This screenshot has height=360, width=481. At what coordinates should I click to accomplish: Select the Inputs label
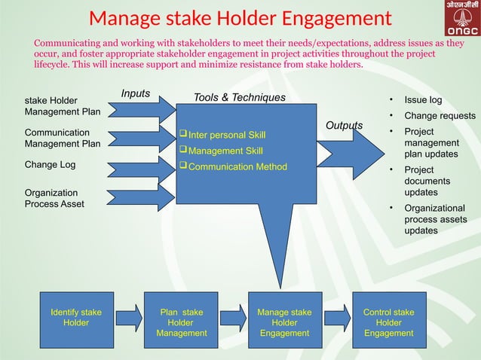(x=136, y=94)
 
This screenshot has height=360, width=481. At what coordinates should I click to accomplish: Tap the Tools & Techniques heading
(x=240, y=97)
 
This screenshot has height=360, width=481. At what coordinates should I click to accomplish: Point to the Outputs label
(x=344, y=125)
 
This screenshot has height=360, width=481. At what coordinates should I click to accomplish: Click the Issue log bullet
(x=423, y=99)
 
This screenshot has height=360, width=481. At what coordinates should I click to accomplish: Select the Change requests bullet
(x=440, y=116)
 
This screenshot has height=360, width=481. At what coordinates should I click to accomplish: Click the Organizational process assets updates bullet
(x=434, y=219)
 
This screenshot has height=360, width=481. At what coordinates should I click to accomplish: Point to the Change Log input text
(x=51, y=164)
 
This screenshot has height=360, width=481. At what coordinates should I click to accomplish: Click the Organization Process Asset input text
(x=55, y=198)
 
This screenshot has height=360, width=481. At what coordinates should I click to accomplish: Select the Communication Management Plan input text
(x=63, y=139)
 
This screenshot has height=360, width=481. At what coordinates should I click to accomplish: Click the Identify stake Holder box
(x=76, y=317)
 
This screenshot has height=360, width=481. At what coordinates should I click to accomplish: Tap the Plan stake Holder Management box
(x=181, y=322)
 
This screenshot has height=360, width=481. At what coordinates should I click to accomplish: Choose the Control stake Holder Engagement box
(x=388, y=322)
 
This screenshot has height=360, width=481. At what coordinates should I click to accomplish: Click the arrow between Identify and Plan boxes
(x=129, y=317)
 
